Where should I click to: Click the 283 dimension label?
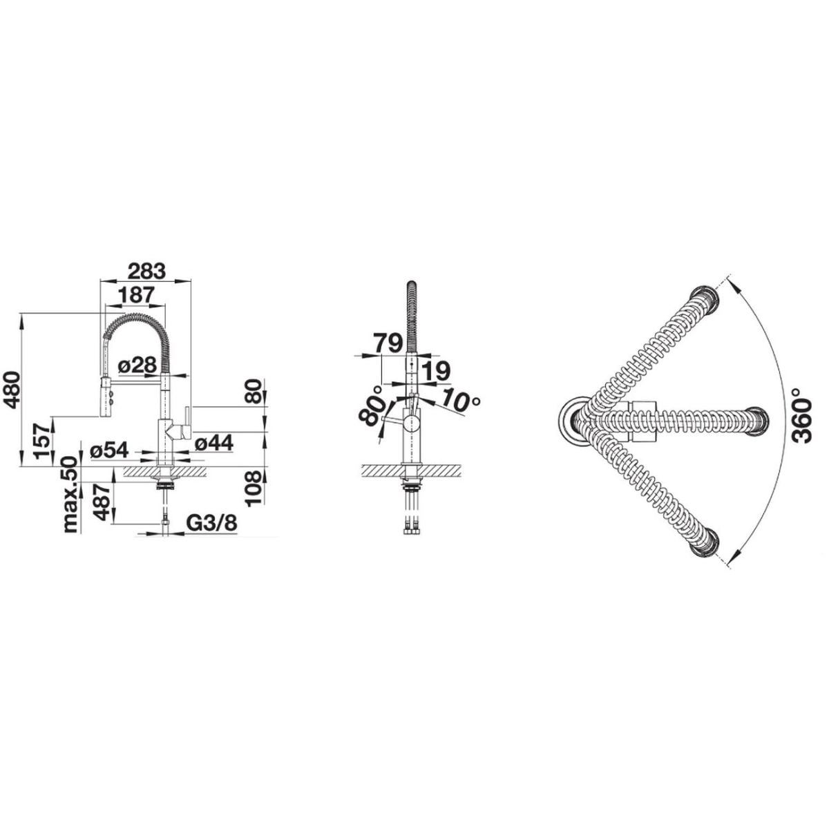(x=146, y=271)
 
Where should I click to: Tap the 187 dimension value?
(x=135, y=295)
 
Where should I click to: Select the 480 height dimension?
(x=11, y=390)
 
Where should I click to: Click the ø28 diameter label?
(x=137, y=365)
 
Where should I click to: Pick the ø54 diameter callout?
(x=109, y=450)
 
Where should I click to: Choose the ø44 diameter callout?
(x=214, y=443)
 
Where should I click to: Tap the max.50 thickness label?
(x=71, y=495)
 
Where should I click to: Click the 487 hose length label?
(x=102, y=502)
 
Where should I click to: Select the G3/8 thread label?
(x=212, y=523)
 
